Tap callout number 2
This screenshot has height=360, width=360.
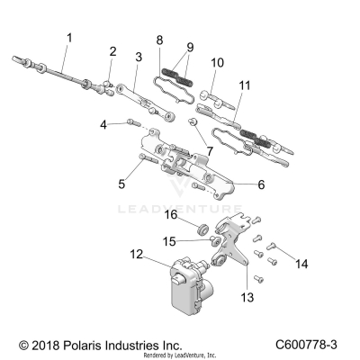pyautogui.click(x=112, y=50)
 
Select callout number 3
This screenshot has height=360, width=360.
pyautogui.click(x=138, y=57)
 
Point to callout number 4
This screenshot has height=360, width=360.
pyautogui.click(x=103, y=123)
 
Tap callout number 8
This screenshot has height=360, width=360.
pyautogui.click(x=159, y=40)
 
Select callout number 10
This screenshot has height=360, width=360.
pyautogui.click(x=217, y=63)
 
